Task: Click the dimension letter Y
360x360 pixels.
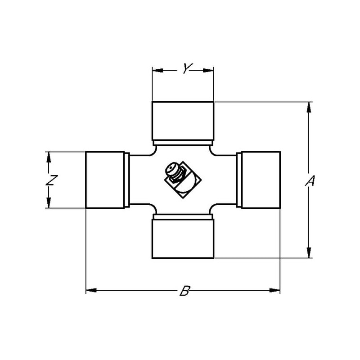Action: [187, 68]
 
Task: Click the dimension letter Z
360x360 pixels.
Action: [51, 180]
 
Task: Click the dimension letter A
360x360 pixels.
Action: [310, 181]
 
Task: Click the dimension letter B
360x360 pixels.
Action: [185, 291]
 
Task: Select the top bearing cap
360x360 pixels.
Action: [183, 121]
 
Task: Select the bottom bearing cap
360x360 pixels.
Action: [183, 239]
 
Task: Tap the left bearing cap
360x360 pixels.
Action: [105, 180]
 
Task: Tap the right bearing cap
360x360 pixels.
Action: [261, 180]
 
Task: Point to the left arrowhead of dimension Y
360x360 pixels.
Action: [157, 71]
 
